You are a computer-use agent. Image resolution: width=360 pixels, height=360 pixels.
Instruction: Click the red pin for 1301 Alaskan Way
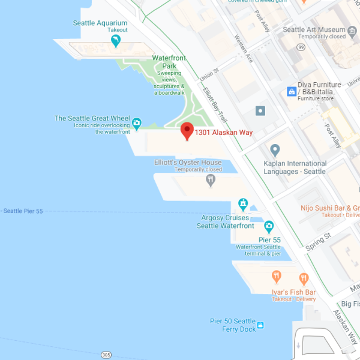187,130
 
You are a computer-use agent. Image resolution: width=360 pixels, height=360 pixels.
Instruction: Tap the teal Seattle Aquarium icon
116,40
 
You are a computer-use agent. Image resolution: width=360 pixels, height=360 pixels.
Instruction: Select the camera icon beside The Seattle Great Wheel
137,124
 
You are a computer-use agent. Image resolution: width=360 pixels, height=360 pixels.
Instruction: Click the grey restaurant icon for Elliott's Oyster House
210,179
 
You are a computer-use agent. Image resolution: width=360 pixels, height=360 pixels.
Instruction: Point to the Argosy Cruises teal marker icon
243,203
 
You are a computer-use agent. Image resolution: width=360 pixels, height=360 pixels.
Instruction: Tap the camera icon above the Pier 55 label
269,227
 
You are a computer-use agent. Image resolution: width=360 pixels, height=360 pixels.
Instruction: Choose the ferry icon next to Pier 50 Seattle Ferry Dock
260,326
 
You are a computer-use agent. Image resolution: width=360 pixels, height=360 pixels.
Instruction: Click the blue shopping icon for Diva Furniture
292,91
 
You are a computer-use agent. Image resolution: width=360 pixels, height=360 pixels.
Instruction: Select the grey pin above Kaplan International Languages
275,149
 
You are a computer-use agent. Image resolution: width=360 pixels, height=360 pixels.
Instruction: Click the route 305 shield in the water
106,354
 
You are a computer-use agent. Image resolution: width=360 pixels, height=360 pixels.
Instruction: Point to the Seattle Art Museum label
314,29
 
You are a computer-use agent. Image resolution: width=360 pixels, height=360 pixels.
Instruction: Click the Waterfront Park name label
169,58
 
